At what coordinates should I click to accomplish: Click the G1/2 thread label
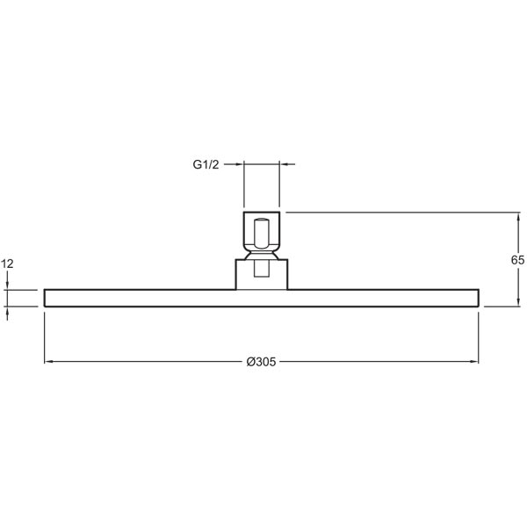[206, 164]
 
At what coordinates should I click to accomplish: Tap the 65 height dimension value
[517, 260]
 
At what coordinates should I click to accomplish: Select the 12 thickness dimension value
[7, 263]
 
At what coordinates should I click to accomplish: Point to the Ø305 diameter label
[261, 362]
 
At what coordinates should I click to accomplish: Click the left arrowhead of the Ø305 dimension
[48, 362]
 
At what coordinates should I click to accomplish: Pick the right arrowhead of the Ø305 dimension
[474, 362]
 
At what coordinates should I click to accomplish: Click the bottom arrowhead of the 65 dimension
[518, 302]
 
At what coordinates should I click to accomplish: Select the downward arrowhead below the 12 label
[7, 285]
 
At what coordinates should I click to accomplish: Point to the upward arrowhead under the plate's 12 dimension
[7, 311]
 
